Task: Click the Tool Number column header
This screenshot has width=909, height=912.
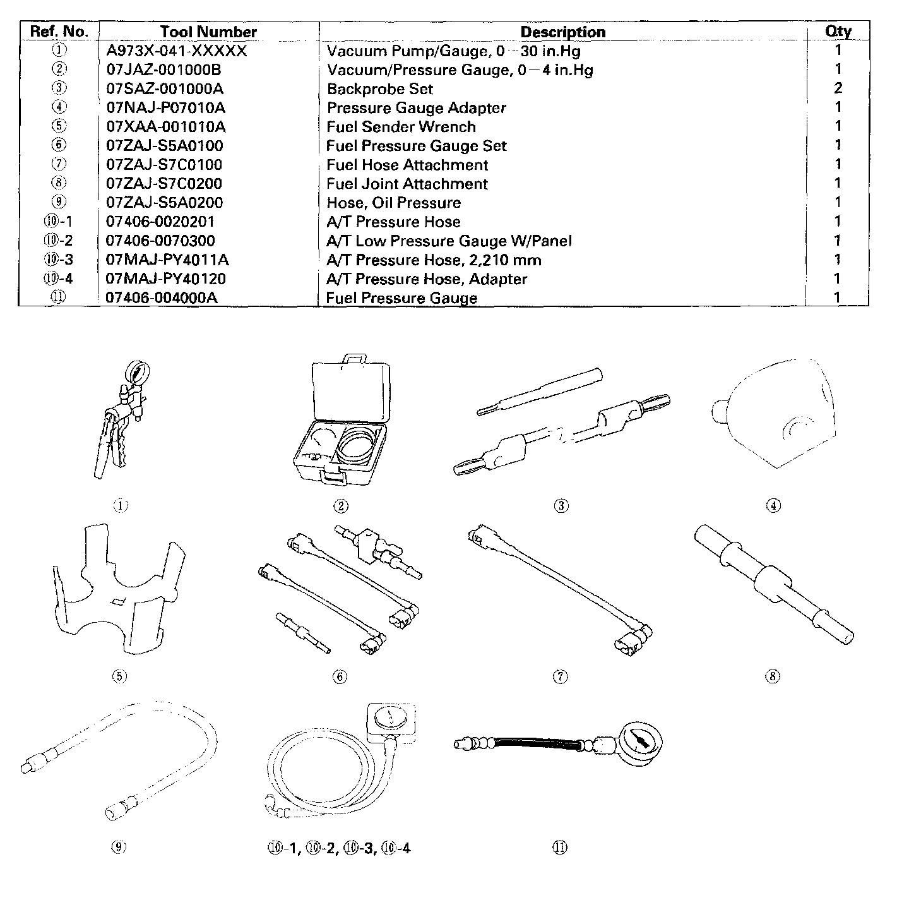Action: pyautogui.click(x=208, y=32)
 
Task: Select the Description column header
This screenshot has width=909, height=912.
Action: pyautogui.click(x=562, y=32)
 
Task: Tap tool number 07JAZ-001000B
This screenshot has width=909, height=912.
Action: pyautogui.click(x=163, y=69)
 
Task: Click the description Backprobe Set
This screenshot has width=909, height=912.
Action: pyautogui.click(x=379, y=89)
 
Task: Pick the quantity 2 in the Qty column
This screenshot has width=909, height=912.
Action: pyautogui.click(x=838, y=88)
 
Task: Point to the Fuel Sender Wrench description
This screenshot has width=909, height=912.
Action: pyautogui.click(x=401, y=127)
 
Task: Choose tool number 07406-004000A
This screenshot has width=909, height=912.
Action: pyautogui.click(x=162, y=297)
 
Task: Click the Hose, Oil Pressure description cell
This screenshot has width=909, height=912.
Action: pyautogui.click(x=393, y=203)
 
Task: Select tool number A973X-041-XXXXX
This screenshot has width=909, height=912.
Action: pyautogui.click(x=177, y=51)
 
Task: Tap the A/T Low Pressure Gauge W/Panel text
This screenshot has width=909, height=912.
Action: pyautogui.click(x=448, y=241)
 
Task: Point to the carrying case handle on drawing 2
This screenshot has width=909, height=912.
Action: pyautogui.click(x=353, y=359)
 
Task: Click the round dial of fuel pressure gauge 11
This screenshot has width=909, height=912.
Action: pyautogui.click(x=639, y=744)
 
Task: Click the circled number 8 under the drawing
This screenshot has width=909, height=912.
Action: pyautogui.click(x=773, y=676)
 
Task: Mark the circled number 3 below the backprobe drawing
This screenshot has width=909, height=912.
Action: pyautogui.click(x=561, y=505)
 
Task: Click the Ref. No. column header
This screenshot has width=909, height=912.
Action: pyautogui.click(x=59, y=32)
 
